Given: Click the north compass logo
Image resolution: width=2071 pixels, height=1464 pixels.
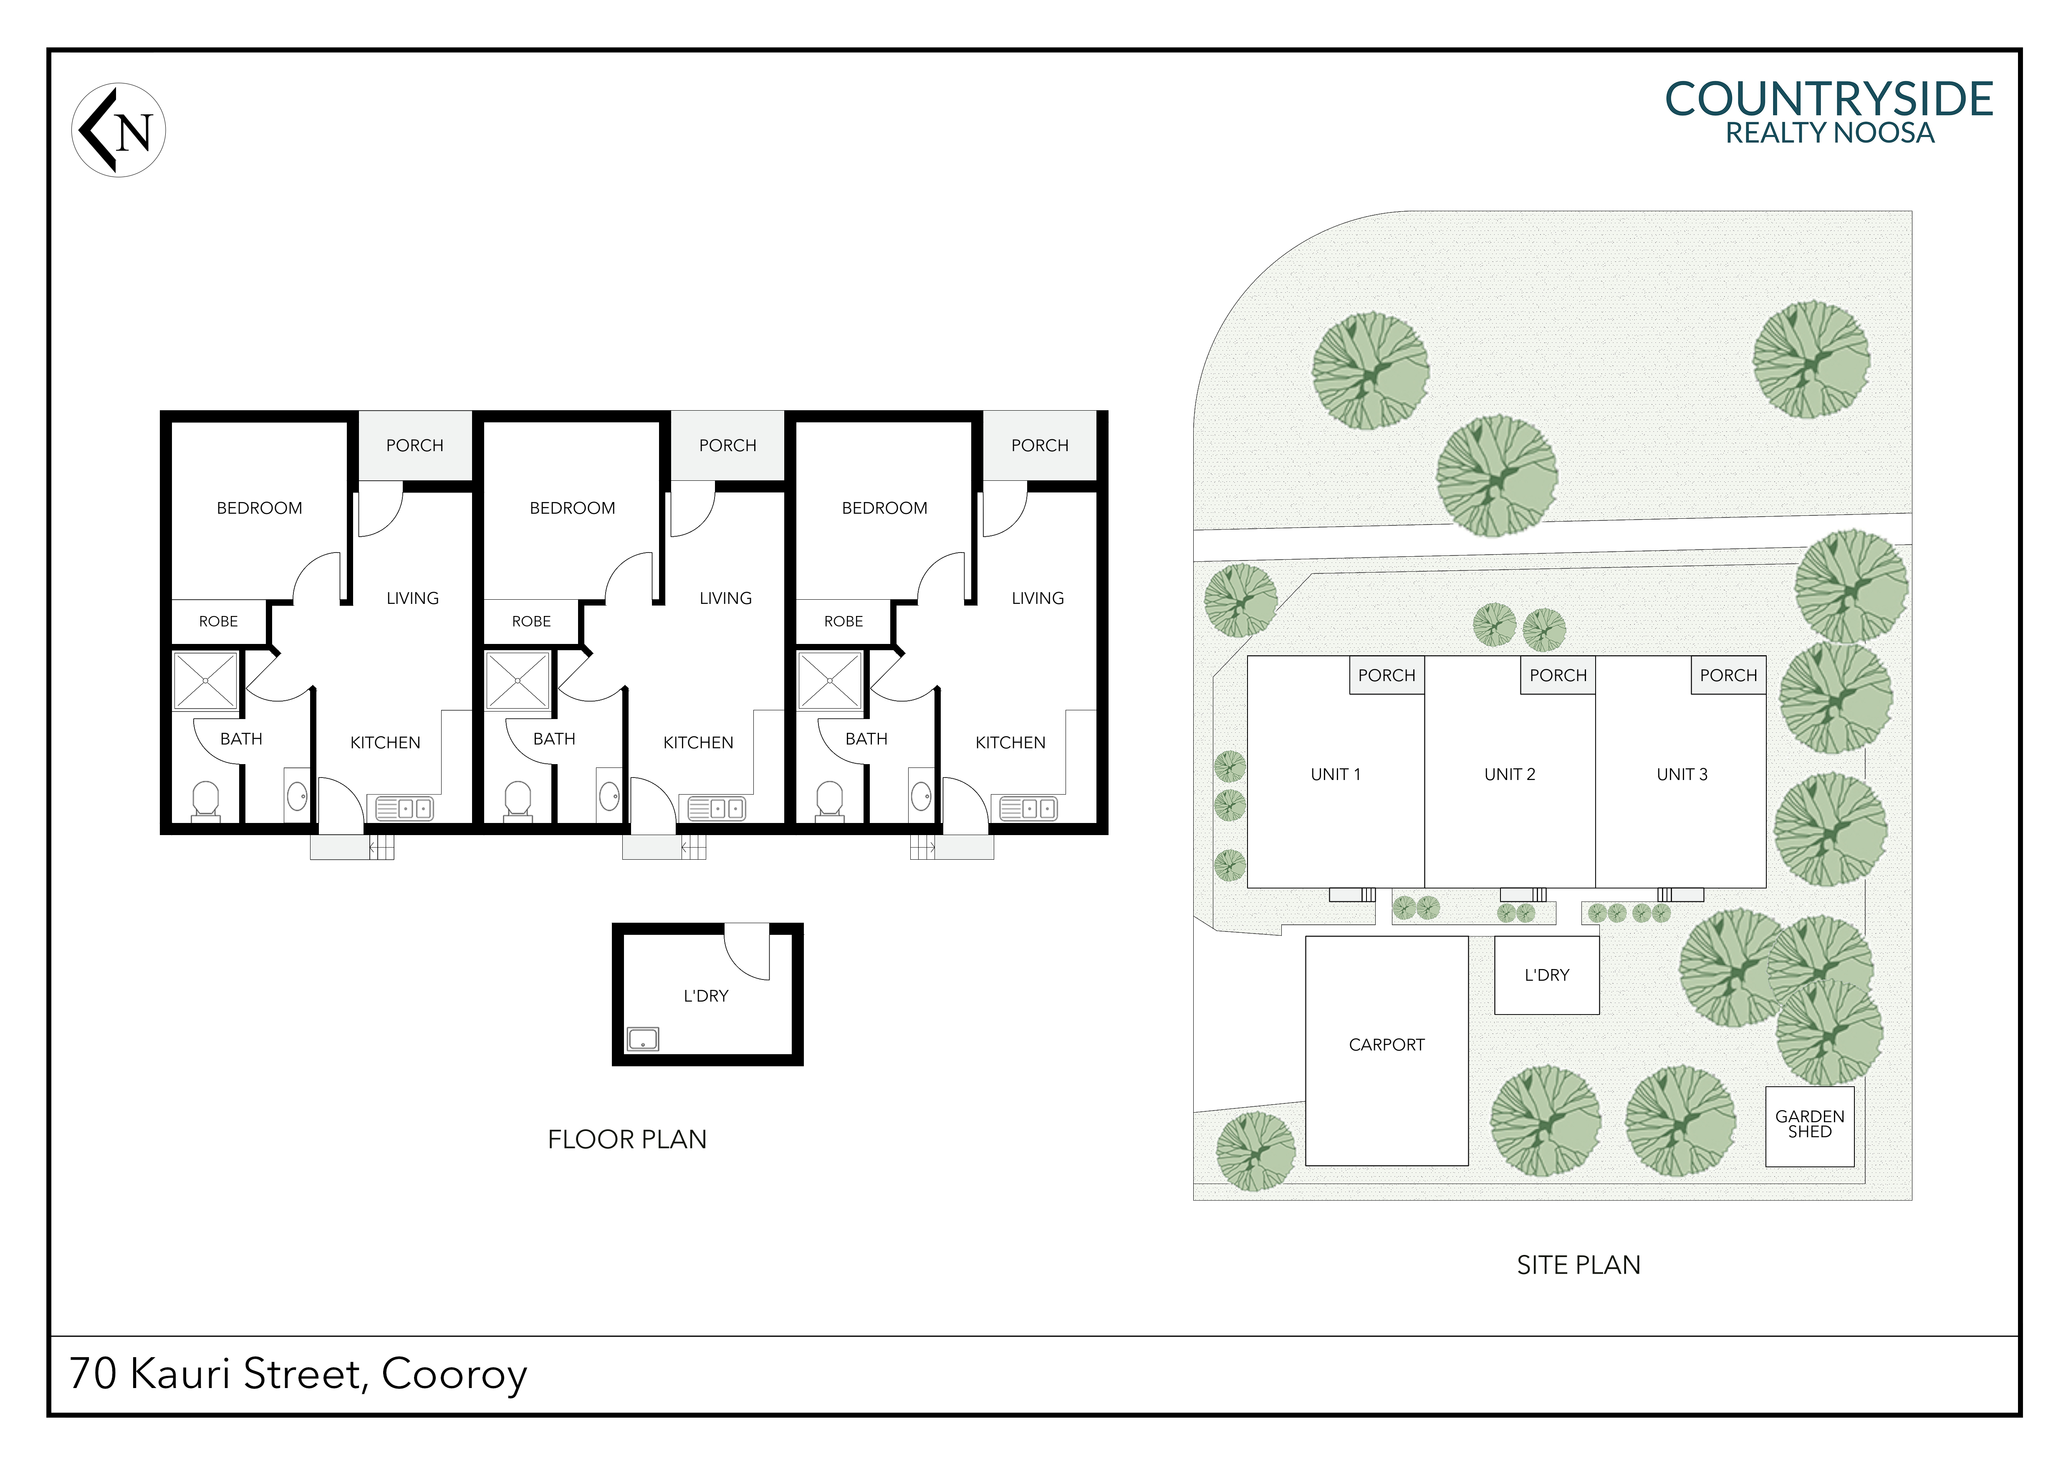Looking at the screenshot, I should pyautogui.click(x=118, y=130).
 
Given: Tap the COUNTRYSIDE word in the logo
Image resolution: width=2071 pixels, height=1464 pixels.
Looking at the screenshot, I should pyautogui.click(x=1829, y=99).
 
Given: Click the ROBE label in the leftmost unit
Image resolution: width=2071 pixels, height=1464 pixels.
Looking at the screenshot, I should pyautogui.click(x=218, y=621).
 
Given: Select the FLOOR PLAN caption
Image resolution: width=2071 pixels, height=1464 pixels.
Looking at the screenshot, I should pyautogui.click(x=627, y=1139).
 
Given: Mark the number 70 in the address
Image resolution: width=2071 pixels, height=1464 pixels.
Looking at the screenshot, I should pyautogui.click(x=93, y=1374).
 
